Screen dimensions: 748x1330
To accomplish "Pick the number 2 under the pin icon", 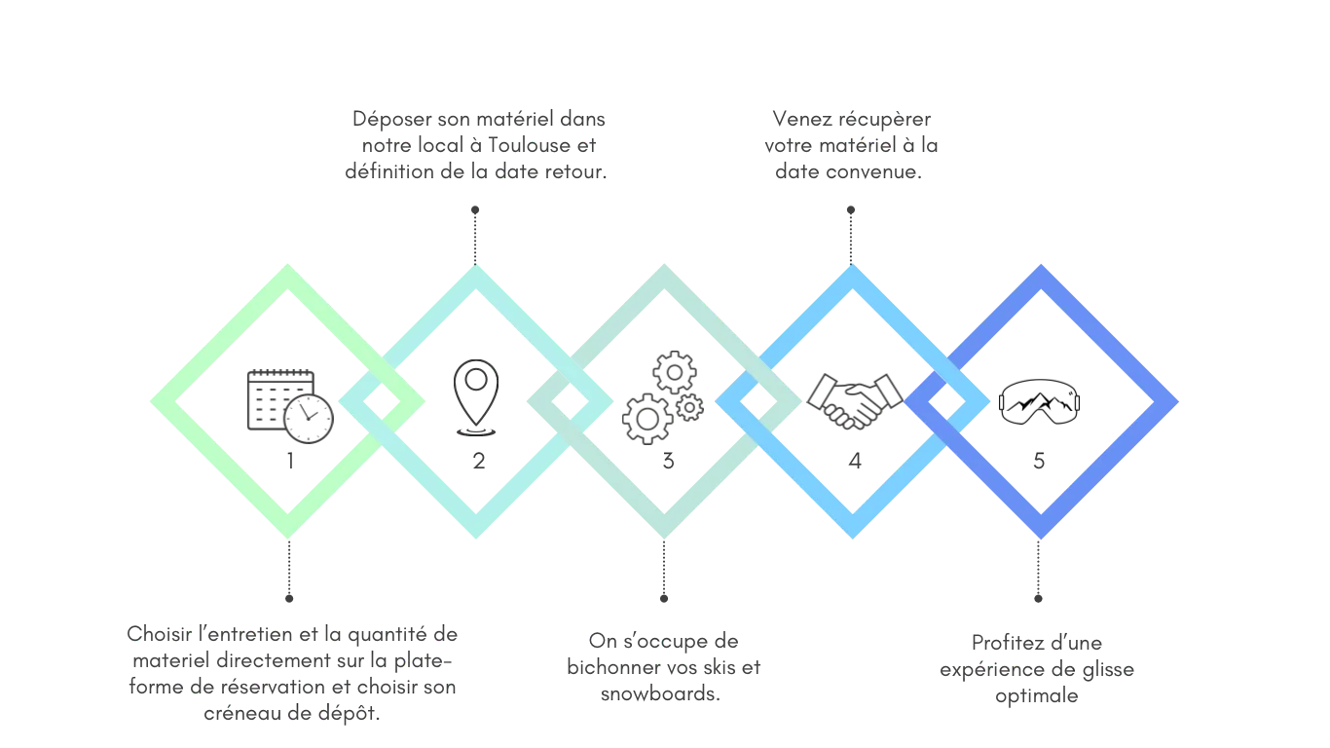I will [477, 464].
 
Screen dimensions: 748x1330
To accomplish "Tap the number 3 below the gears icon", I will [668, 464].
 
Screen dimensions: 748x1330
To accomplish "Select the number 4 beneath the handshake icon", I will [855, 464].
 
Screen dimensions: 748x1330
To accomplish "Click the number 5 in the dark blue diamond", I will [1039, 464].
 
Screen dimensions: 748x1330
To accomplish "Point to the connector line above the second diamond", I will [475, 232].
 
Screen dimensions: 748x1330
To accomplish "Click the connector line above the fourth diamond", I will [852, 232].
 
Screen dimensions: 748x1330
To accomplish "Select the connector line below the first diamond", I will [287, 572].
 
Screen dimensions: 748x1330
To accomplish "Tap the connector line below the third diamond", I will [665, 572].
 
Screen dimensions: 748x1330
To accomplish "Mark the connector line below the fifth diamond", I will [1039, 572].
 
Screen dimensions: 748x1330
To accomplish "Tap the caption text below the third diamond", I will [663, 667].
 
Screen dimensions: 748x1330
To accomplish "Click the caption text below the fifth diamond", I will [1036, 670].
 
